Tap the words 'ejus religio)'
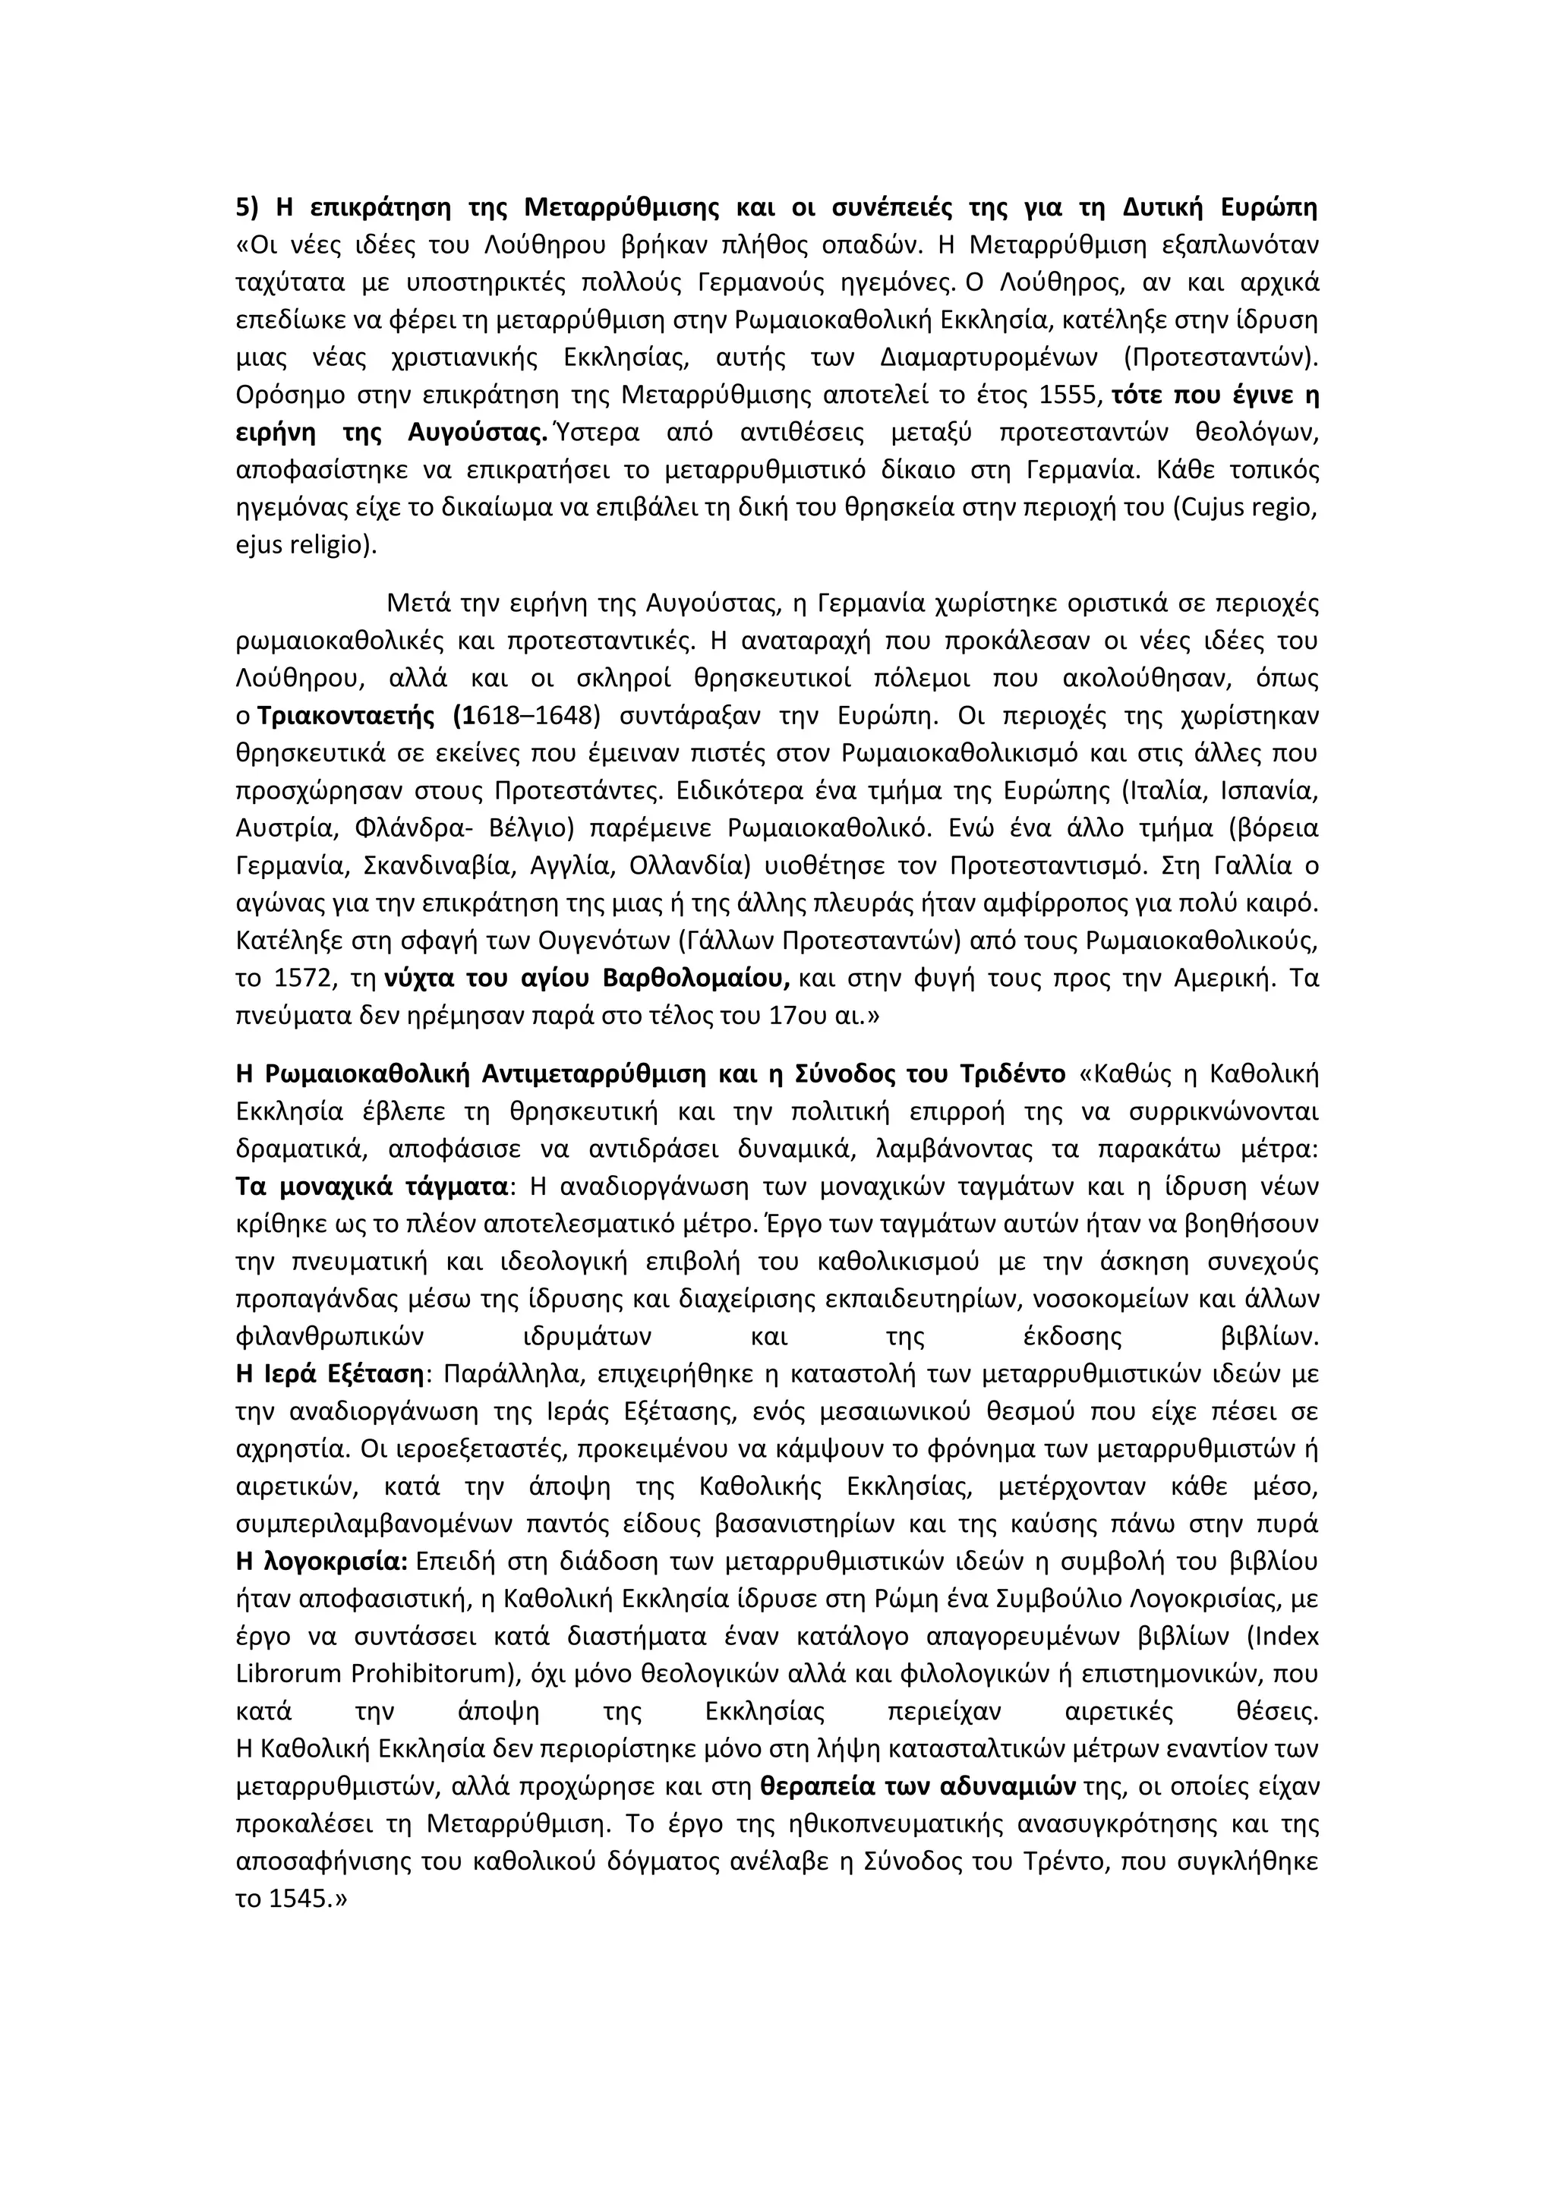point(307,545)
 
